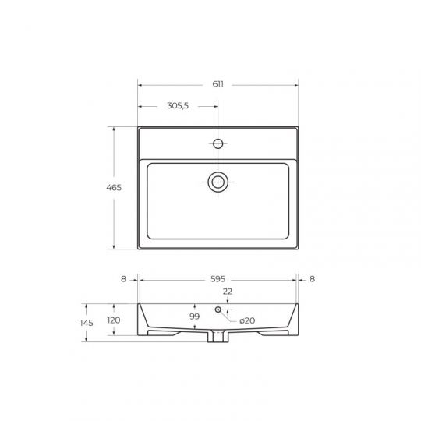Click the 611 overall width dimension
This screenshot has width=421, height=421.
point(218,84)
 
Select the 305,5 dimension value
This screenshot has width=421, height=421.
point(178,105)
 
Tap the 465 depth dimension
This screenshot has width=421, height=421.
point(114,187)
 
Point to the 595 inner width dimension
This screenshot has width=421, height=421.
point(218,279)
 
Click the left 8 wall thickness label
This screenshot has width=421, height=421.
point(123,279)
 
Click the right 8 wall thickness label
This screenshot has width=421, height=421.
point(312,279)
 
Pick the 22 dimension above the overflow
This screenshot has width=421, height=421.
point(228,292)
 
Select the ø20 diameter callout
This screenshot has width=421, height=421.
point(247,320)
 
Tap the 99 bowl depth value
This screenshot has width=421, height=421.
point(194,317)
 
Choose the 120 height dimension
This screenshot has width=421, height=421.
point(114,320)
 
